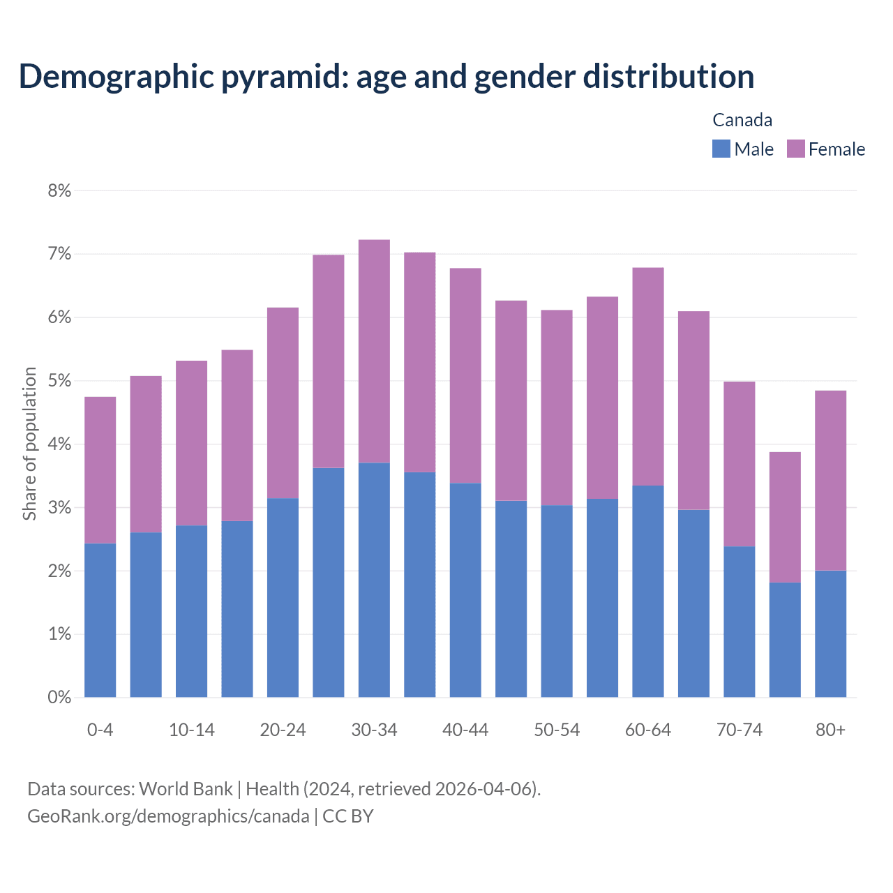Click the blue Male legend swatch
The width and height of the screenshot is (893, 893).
point(721,149)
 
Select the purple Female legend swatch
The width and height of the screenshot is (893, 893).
point(795,149)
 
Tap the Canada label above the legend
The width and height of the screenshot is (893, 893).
point(742,120)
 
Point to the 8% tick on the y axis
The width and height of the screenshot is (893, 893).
point(59,190)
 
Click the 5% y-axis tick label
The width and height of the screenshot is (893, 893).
point(59,381)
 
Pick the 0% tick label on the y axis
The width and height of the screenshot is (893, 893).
point(59,697)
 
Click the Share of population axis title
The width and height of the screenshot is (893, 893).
point(29,444)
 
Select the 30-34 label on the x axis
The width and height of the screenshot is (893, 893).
point(374,730)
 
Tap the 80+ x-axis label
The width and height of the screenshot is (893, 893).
point(830,730)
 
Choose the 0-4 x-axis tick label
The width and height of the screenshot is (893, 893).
point(100,730)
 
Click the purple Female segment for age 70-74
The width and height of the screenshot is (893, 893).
point(739,464)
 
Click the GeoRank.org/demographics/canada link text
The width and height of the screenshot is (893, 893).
point(168,816)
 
